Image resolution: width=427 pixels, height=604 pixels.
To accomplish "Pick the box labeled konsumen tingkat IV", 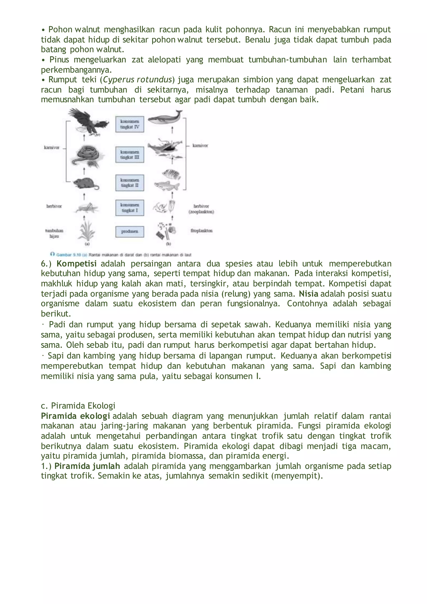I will [x=130, y=124].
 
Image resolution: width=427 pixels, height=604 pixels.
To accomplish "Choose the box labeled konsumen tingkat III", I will [x=130, y=155].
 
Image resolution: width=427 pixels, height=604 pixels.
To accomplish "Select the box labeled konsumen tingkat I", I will [x=130, y=208].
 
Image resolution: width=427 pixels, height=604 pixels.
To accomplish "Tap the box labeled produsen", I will [x=130, y=232].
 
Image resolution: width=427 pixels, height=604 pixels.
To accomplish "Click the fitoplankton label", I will [x=201, y=231].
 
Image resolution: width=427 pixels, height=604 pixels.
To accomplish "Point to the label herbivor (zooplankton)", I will [x=201, y=209].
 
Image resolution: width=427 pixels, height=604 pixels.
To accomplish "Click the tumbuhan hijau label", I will [x=54, y=233].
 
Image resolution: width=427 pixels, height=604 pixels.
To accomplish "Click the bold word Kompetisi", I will [x=77, y=263].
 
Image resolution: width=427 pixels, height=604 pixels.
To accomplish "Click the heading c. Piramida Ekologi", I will [x=78, y=406].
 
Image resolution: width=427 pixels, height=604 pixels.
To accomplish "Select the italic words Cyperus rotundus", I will [x=137, y=79].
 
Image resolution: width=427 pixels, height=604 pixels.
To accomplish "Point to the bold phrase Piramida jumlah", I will [x=87, y=466].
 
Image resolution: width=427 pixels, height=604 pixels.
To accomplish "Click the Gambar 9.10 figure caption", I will [x=121, y=255].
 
